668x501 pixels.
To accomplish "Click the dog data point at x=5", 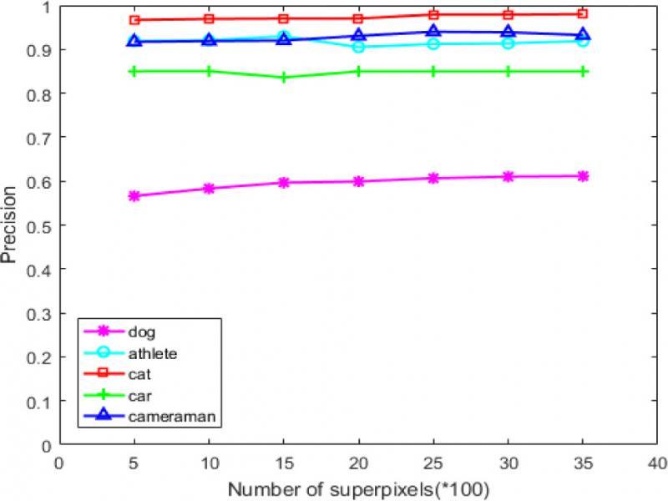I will [134, 196].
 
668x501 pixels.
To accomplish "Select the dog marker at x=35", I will [583, 176].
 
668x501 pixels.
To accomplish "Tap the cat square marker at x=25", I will [433, 15].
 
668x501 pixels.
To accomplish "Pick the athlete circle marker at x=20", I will [358, 47].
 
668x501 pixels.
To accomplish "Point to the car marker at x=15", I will [284, 78].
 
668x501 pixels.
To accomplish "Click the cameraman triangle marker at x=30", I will [508, 33].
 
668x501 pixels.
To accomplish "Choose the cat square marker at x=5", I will [134, 20].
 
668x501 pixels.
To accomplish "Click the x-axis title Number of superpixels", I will [358, 487].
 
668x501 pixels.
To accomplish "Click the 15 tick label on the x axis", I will [284, 461].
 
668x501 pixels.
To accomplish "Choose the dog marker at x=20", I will [358, 181].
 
